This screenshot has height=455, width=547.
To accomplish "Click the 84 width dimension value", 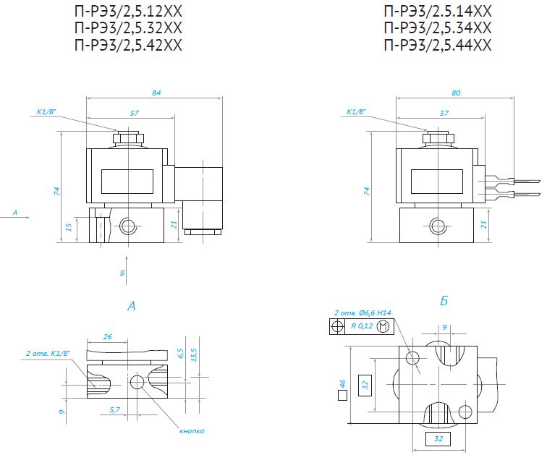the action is (156, 93).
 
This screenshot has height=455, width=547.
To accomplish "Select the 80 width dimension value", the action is (456, 93).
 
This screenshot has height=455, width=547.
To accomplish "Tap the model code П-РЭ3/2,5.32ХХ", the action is (128, 28).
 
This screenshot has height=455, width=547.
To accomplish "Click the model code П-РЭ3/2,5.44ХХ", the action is (438, 46).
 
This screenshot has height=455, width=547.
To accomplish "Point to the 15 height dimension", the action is (69, 227).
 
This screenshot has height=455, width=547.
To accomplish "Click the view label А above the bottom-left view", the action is (132, 306).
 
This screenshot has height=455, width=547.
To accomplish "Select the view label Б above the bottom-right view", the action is (444, 301).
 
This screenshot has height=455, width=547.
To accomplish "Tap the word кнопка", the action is (192, 431).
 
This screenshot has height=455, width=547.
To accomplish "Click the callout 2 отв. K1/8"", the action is (48, 353).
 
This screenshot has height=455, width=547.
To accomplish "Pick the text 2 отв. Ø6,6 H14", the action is (362, 312).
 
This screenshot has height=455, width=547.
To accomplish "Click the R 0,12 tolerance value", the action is (362, 326).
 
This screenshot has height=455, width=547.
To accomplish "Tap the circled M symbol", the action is (383, 326).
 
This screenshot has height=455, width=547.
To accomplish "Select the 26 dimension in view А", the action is (107, 337).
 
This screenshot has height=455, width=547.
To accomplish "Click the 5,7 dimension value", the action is (114, 410).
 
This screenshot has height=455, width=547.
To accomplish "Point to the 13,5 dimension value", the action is (195, 354).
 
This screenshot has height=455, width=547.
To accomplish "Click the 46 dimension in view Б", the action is (342, 384).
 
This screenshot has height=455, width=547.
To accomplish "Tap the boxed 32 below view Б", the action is (438, 439).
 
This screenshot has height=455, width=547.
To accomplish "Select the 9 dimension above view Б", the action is (444, 327).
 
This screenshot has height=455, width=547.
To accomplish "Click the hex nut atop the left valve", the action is (128, 137).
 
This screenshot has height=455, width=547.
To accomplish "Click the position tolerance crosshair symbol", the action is (337, 326).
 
